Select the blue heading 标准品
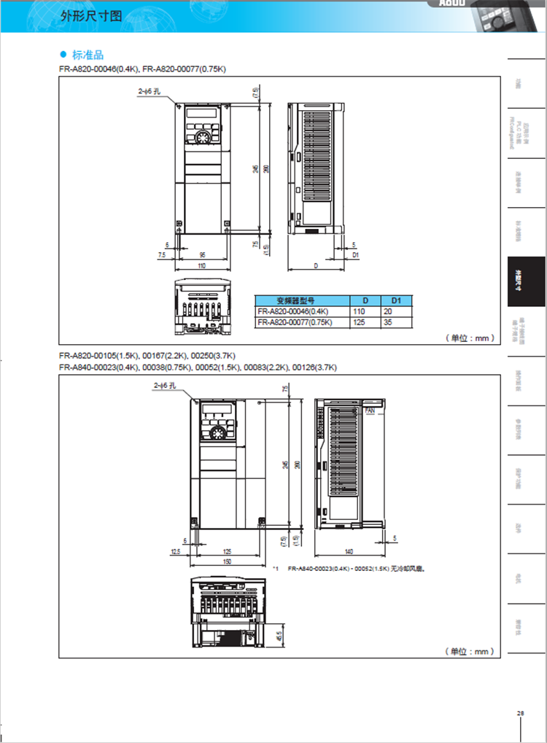[88, 55]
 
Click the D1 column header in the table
[397, 300]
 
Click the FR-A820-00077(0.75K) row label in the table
[295, 322]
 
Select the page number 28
[520, 713]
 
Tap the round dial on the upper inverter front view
[203, 136]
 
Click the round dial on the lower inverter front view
[217, 433]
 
